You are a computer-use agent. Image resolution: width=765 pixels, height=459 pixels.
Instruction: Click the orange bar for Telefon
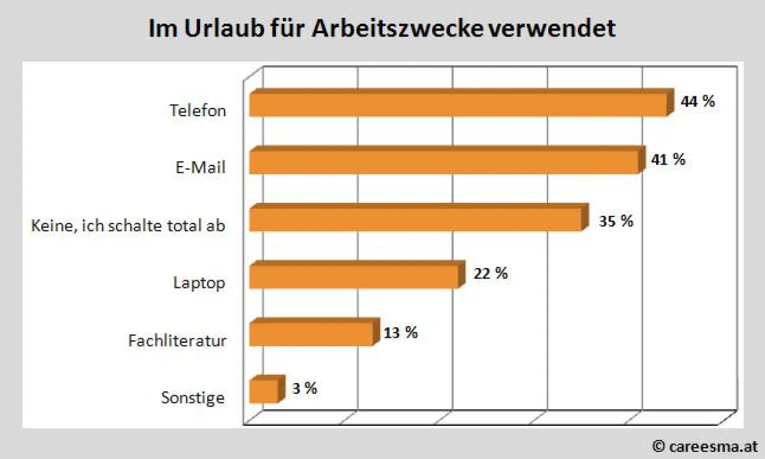pos(459,104)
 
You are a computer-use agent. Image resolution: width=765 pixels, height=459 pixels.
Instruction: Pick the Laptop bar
pos(354,276)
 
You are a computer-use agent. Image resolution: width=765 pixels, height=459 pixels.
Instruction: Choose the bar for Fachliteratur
pos(312,333)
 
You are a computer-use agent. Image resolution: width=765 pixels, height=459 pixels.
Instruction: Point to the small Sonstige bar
pos(264,390)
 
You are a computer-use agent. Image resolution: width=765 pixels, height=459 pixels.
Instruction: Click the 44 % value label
pos(698,101)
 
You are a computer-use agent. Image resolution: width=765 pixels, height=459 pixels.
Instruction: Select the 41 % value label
pos(668,160)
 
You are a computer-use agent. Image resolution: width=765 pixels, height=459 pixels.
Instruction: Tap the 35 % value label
pos(616,221)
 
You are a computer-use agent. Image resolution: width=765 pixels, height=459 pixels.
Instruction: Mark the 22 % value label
pos(490,273)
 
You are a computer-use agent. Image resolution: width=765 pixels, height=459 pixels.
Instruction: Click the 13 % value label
pos(400,333)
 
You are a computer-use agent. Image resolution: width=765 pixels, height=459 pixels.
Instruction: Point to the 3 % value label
pos(304,388)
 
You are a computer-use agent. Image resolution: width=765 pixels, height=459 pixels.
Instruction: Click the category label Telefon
pos(198,110)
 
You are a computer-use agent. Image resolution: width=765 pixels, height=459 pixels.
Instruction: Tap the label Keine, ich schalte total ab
pos(128,225)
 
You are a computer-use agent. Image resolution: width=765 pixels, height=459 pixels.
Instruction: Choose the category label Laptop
pos(199,282)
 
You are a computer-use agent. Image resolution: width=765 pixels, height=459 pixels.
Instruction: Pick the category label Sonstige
pos(193,398)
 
